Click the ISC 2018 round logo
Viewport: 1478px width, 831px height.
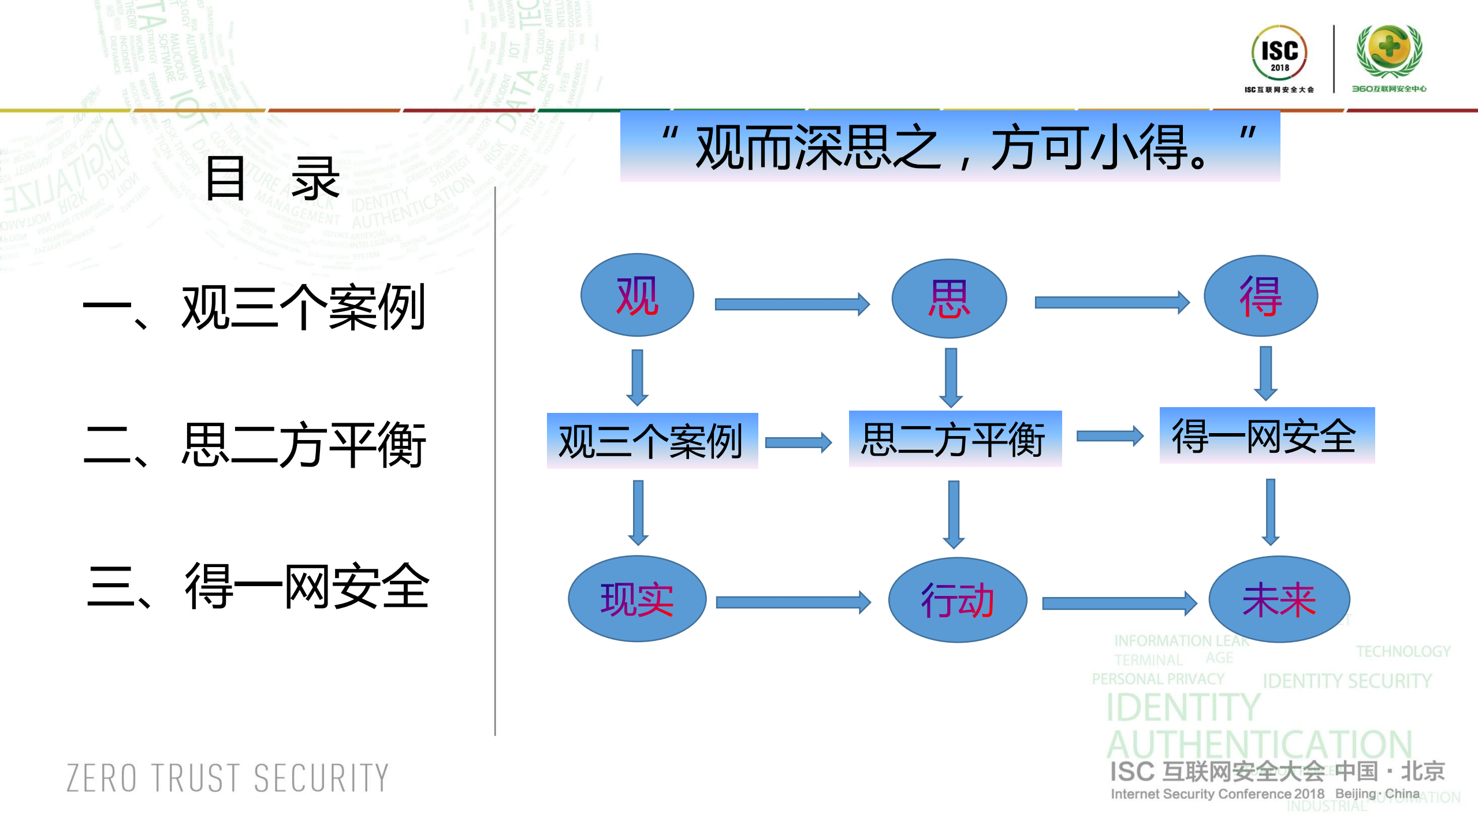1279,53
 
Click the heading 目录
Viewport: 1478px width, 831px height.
272,179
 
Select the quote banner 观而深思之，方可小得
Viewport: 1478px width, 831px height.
950,147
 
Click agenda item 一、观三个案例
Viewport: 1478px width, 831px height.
254,308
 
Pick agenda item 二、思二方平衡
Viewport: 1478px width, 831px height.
254,445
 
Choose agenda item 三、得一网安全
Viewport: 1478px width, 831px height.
257,586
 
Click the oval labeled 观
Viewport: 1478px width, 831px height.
637,295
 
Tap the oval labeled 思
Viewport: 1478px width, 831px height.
949,299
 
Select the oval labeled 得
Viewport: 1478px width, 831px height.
1260,296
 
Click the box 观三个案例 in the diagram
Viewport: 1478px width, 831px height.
652,441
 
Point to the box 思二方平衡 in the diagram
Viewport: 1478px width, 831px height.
955,439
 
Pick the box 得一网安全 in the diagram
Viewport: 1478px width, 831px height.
1267,435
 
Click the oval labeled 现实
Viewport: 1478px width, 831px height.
637,599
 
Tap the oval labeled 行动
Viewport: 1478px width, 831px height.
957,600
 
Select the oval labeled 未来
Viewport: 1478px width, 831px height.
1279,599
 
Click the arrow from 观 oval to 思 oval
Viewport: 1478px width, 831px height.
791,304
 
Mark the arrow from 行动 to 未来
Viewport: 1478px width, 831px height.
1118,603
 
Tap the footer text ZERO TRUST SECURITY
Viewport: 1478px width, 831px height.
228,778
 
